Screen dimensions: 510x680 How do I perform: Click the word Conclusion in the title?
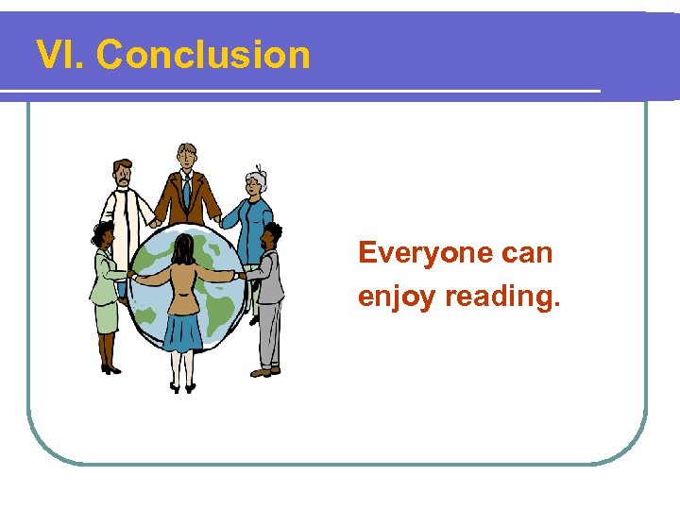pos(203,56)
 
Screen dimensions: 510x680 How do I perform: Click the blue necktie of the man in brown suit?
pos(187,194)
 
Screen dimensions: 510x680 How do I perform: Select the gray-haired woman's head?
pos(256,182)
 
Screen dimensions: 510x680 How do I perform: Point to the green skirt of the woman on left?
pos(105,317)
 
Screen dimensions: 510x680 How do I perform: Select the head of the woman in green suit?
pos(102,235)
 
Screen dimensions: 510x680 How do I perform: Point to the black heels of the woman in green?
pos(110,369)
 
